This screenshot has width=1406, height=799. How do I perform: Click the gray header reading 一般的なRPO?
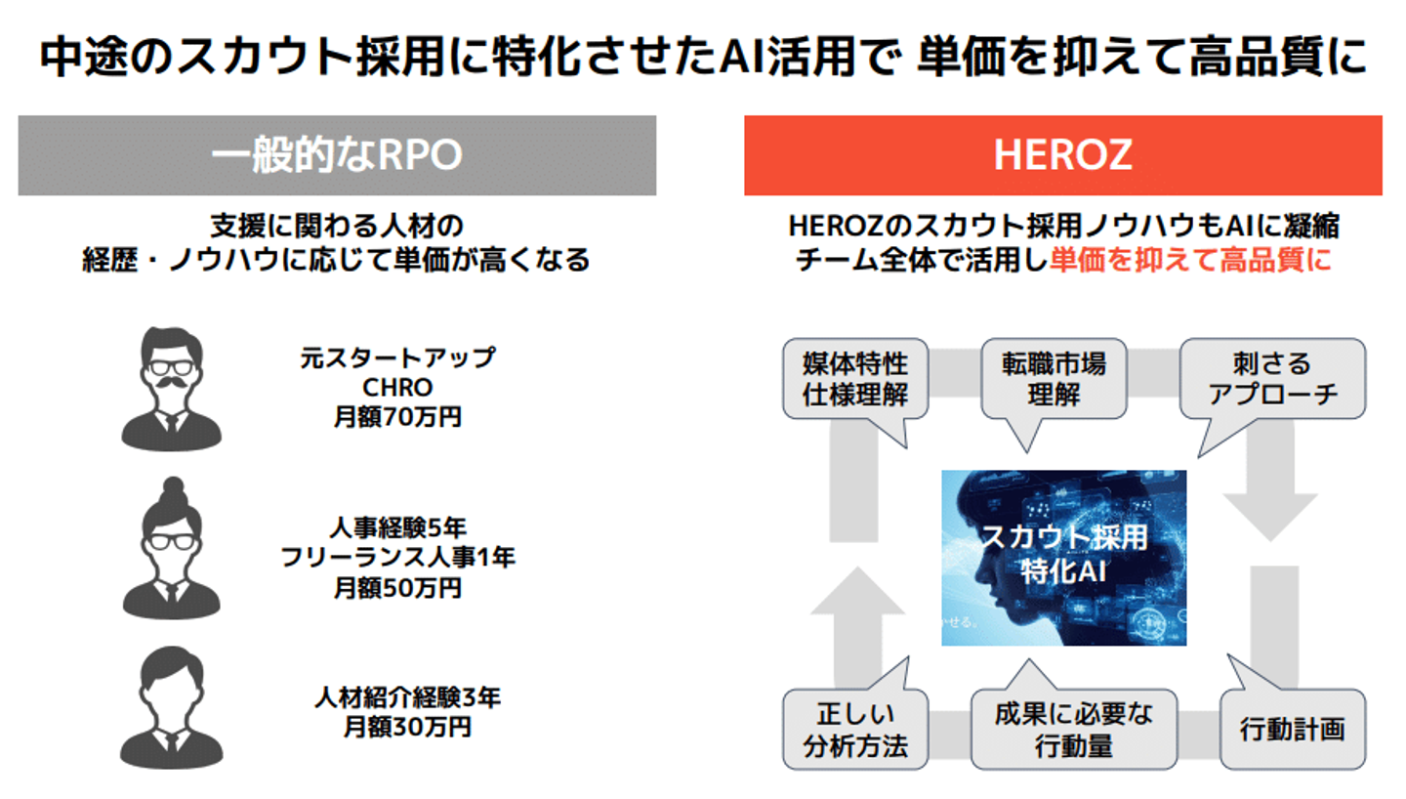click(x=337, y=155)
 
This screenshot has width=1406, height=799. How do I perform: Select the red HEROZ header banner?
click(x=1062, y=155)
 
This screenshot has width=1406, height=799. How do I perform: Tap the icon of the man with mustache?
click(x=172, y=388)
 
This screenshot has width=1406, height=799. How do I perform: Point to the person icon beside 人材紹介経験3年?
click(x=172, y=706)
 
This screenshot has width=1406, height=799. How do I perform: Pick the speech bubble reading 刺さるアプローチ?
click(x=1272, y=379)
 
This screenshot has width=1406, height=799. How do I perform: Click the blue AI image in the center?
click(x=1063, y=558)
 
